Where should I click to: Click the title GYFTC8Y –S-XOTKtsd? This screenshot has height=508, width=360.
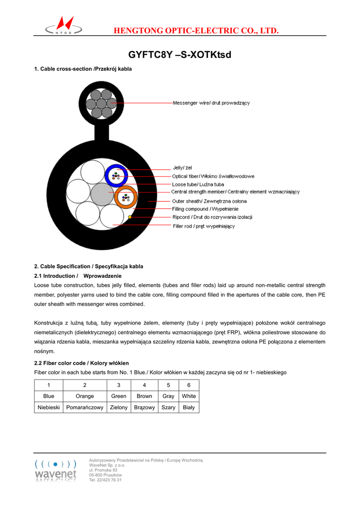click(180, 54)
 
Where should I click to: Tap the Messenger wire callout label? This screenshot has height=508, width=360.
click(211, 103)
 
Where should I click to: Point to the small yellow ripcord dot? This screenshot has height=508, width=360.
click(130, 217)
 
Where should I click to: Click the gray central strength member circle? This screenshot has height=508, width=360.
click(102, 194)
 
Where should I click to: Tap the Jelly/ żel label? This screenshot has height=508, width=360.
click(182, 168)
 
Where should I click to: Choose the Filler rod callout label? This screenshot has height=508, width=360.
click(204, 226)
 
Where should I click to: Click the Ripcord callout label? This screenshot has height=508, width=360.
click(212, 217)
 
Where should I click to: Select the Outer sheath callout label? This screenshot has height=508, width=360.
click(209, 201)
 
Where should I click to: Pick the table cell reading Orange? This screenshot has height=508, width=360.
click(85, 396)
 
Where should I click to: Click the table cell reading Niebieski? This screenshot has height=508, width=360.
click(49, 407)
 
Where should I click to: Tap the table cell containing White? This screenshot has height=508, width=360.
click(189, 396)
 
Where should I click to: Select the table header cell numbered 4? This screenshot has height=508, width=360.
click(144, 385)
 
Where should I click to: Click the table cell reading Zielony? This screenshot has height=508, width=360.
click(119, 407)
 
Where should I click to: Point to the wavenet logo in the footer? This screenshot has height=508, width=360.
click(56, 470)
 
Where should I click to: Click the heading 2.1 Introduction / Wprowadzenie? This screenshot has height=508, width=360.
click(78, 276)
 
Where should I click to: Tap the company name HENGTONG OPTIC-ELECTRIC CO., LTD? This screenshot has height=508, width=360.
click(196, 31)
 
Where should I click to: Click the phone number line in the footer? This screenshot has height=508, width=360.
click(105, 480)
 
